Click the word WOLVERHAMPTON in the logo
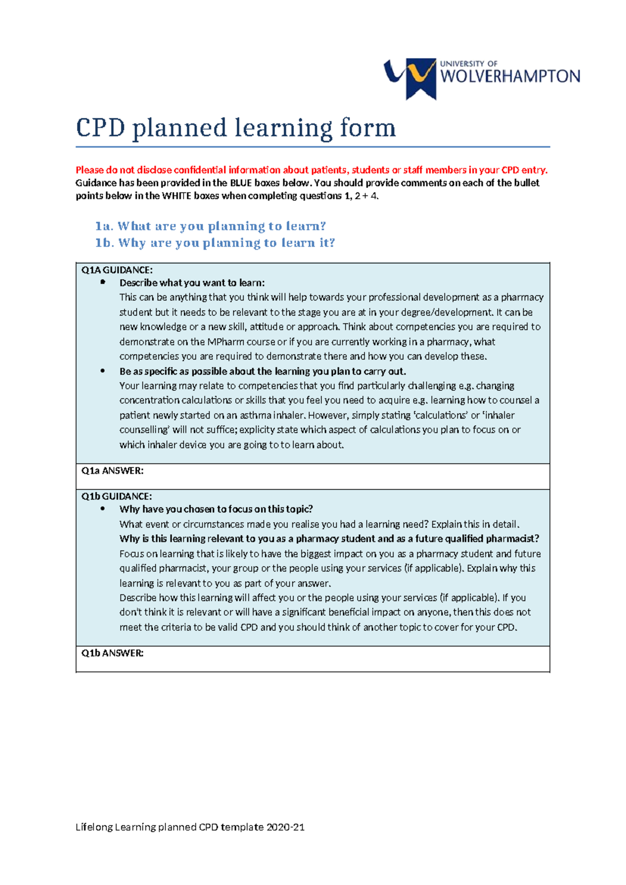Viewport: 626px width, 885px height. (510, 77)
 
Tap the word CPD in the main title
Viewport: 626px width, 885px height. (101, 128)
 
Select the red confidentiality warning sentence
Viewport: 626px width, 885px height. (311, 170)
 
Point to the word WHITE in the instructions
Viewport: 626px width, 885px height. (176, 196)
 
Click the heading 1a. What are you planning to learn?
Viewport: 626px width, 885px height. (210, 226)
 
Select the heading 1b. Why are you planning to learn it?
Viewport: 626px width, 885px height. (215, 243)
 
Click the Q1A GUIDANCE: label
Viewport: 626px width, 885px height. (117, 270)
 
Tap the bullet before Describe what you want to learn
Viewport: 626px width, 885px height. (103, 282)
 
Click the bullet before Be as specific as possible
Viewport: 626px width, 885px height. (103, 371)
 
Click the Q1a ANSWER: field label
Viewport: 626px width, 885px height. (112, 471)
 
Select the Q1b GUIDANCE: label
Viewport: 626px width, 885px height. (116, 496)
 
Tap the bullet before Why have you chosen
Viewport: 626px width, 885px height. (103, 509)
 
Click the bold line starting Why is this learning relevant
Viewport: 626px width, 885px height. (329, 539)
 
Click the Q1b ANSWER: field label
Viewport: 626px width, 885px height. (112, 653)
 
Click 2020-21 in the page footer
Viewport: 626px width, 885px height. (285, 827)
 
